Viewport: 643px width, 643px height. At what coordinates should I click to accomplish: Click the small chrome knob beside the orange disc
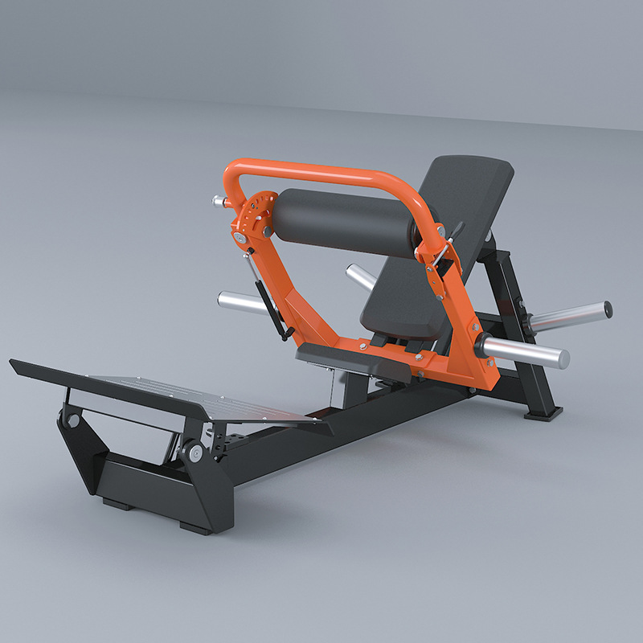219,201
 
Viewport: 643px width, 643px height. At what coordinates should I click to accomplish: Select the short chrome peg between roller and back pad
359,277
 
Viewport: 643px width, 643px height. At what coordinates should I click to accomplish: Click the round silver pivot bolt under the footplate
194,452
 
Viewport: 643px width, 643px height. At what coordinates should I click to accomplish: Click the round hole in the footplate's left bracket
73,420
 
